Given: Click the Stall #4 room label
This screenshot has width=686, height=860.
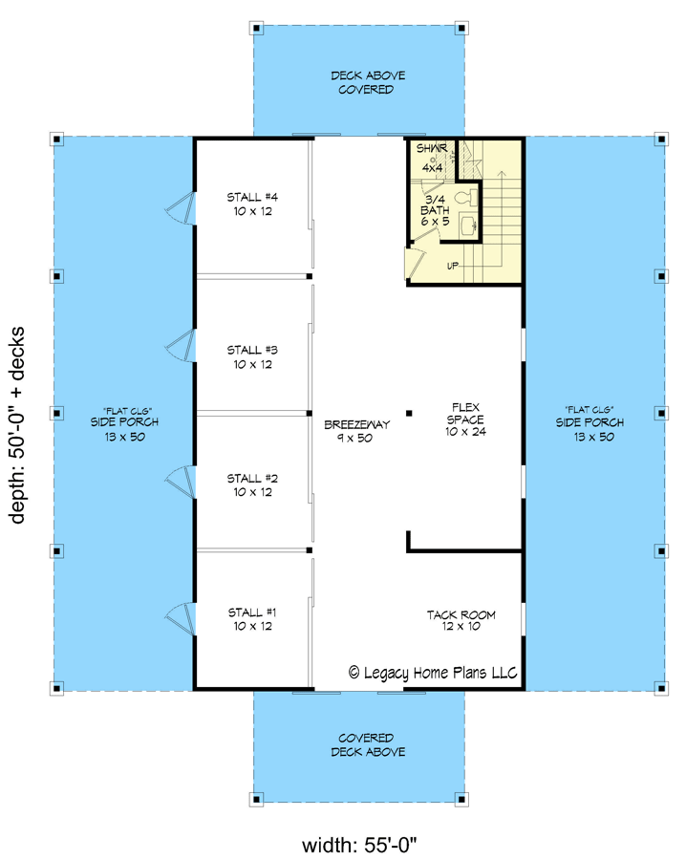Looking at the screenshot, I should coord(252,204).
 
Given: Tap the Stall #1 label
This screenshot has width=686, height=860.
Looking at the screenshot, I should coord(252,618).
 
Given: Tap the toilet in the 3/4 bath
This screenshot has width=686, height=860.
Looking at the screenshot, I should coord(462,199).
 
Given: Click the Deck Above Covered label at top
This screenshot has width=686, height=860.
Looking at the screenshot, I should coord(362,82).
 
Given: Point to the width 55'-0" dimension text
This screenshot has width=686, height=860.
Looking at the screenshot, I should coord(361,845).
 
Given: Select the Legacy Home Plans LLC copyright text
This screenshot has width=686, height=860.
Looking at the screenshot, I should coord(433,673).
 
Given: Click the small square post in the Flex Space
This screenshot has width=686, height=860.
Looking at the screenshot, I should coord(409,413).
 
